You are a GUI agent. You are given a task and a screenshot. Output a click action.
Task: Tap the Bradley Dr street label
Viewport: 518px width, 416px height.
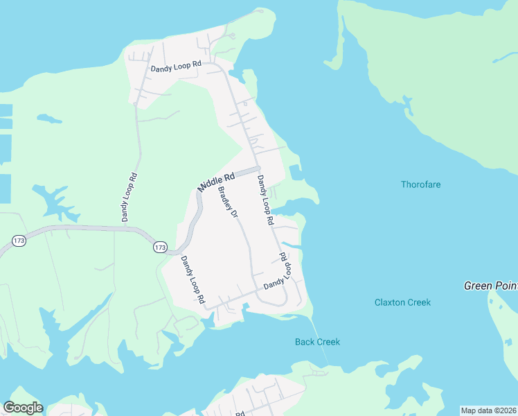click(228, 202)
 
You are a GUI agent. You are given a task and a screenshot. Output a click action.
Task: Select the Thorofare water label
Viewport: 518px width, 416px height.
click(420, 184)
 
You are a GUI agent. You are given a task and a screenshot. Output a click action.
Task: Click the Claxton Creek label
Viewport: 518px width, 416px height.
click(402, 302)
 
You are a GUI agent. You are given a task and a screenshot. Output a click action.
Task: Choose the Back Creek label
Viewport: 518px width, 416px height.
click(317, 342)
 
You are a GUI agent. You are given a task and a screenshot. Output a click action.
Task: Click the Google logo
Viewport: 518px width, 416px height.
click(23, 408)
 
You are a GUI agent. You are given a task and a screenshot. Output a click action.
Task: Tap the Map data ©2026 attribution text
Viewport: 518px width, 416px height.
click(489, 410)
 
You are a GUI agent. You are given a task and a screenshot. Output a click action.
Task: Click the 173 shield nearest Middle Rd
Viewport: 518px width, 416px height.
click(160, 247)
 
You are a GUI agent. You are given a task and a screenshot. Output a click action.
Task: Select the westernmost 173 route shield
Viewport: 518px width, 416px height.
click(19, 241)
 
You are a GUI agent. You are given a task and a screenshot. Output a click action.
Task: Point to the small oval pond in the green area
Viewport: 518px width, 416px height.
click(50, 119)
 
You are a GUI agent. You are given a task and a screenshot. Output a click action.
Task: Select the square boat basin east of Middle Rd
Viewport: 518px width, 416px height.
click(296, 171)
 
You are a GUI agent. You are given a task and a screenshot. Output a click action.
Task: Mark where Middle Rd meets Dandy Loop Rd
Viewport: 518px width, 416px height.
click(256, 169)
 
